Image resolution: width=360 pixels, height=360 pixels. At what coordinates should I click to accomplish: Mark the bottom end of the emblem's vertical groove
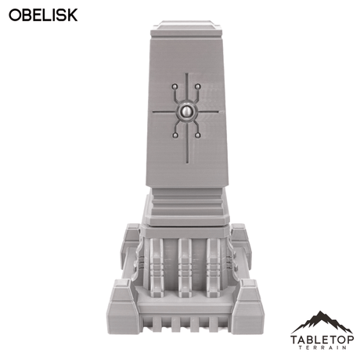click(x=186, y=160)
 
